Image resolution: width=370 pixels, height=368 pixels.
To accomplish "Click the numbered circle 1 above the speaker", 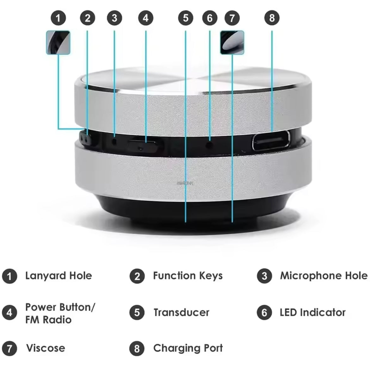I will [x=58, y=18].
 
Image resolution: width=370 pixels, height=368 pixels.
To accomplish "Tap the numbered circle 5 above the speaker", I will [x=186, y=18].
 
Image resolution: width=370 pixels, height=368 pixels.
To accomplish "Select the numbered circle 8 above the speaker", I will [x=272, y=18].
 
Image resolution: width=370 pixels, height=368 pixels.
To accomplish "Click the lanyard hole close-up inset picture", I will [x=58, y=42].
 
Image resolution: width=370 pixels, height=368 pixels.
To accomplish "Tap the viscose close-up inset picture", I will [x=232, y=42].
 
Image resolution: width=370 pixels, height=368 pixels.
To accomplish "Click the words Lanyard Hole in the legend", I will [x=59, y=276].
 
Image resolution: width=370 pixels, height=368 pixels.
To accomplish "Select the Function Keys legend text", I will [x=188, y=276].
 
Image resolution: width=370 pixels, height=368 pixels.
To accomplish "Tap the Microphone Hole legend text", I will [x=324, y=276].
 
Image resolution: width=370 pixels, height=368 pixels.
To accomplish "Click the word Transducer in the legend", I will [x=181, y=313].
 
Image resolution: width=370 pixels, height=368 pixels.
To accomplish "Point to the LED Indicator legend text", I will [x=312, y=313].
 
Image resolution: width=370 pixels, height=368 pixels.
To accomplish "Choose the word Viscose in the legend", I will [x=46, y=348].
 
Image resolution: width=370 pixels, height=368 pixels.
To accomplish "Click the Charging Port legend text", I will [x=188, y=348].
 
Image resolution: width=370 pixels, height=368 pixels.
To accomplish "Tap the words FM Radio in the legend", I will [x=48, y=320].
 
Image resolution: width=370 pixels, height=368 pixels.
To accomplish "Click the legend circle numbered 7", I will [x=9, y=348].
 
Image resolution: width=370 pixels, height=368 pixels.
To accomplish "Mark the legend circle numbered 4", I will [x=9, y=313].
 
